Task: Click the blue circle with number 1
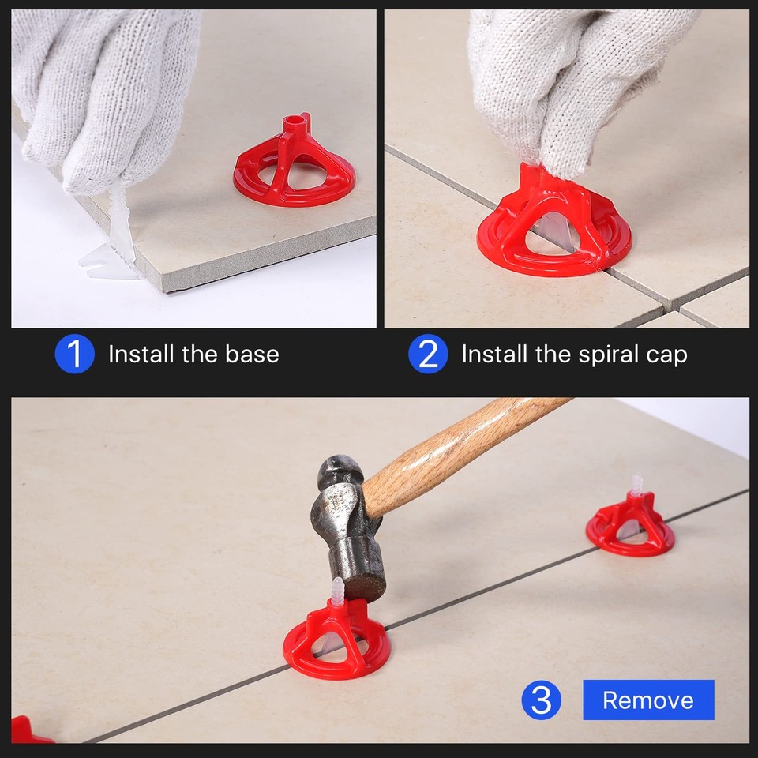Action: coord(74,355)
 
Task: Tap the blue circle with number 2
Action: coord(427,355)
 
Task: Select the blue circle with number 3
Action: coord(541,700)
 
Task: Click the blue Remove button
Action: coord(648,700)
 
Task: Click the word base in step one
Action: coord(252,355)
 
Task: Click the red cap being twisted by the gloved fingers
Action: coord(553,225)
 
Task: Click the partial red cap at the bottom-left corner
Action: coord(28,730)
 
